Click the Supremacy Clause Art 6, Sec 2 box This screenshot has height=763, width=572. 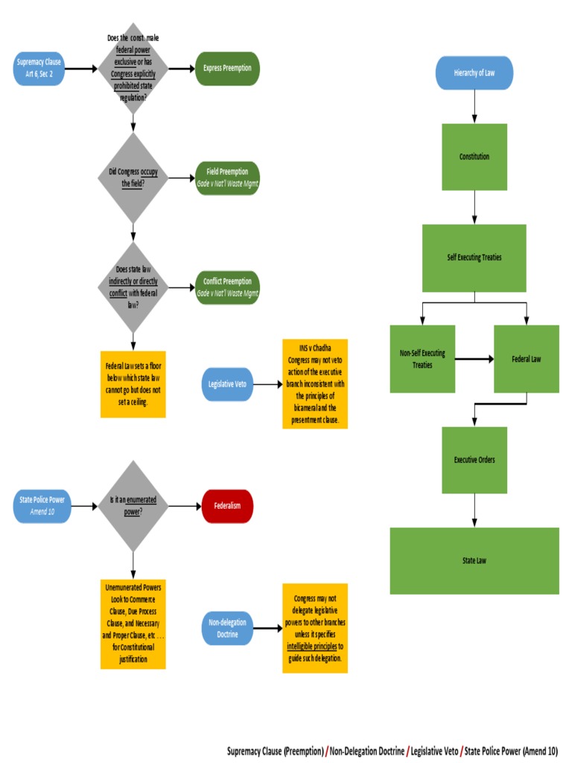[39, 69]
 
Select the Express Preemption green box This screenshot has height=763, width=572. [227, 69]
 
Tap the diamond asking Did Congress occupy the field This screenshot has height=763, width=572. [133, 177]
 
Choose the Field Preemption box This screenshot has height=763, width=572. [227, 177]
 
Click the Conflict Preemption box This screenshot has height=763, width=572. [227, 287]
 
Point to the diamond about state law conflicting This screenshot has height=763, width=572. [133, 287]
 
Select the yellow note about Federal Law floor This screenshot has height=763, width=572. [133, 384]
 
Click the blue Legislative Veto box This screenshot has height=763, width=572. [227, 384]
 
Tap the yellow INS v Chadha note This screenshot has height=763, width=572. [315, 384]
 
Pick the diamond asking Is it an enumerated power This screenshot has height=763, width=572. [133, 506]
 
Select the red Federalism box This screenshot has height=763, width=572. [227, 506]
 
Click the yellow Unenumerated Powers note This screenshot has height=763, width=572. [133, 623]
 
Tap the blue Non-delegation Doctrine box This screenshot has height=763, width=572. [227, 628]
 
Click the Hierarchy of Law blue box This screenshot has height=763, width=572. [474, 73]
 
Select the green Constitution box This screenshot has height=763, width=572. [474, 156]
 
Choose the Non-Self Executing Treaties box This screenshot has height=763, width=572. [422, 359]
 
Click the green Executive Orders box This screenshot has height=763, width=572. [474, 460]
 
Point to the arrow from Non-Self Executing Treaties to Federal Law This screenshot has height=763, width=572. [474, 359]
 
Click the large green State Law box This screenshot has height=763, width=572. [474, 560]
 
